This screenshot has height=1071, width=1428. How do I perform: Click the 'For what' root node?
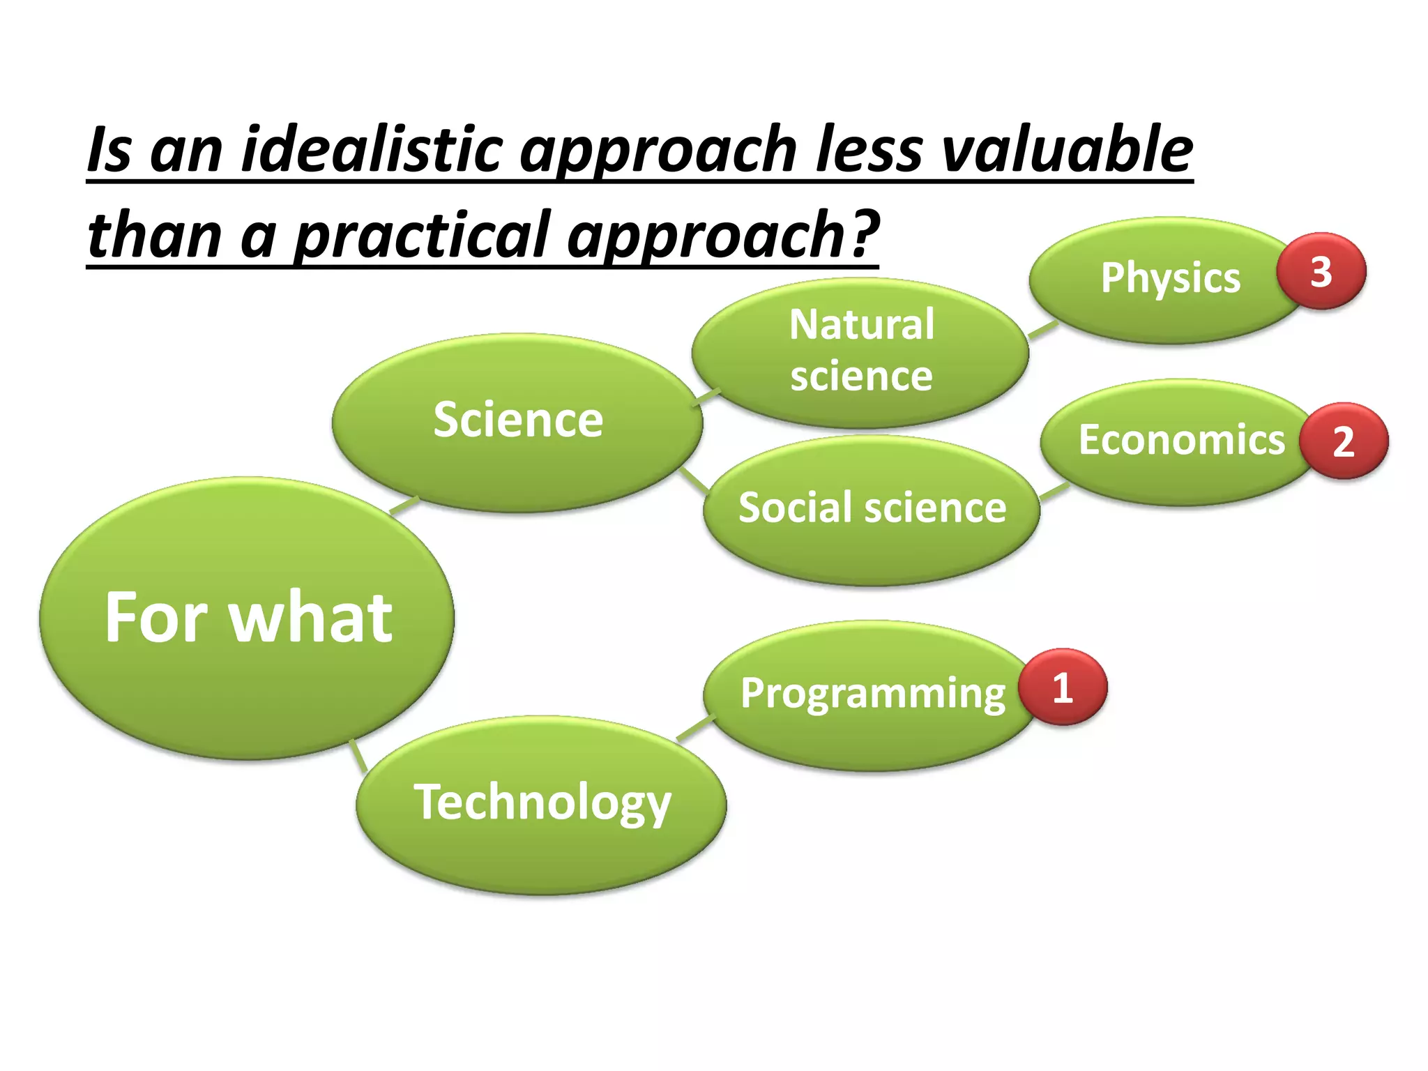coord(248,618)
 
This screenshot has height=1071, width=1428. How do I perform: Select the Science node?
coord(517,421)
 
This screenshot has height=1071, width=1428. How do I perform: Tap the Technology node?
coord(542,803)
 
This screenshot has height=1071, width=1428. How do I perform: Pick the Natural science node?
coord(860,351)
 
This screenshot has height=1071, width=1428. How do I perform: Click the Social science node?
coord(872,508)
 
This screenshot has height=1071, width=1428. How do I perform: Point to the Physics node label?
coord(1170,278)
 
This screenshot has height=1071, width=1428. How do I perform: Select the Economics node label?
coord(1181,441)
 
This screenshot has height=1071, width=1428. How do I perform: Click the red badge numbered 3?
coord(1321,272)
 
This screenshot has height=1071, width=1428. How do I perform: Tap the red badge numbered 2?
coord(1343,441)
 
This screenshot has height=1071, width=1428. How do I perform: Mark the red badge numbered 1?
coord(1062,688)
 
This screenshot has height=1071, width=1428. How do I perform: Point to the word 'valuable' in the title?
coord(1067,150)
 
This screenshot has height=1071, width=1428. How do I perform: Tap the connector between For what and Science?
coord(404,506)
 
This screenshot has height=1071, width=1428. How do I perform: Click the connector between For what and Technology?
coord(358,755)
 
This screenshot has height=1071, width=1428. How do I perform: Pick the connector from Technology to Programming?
coord(696,728)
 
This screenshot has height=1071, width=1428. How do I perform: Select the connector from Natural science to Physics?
coord(1043,331)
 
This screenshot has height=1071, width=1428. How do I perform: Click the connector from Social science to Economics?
coord(1054,492)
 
